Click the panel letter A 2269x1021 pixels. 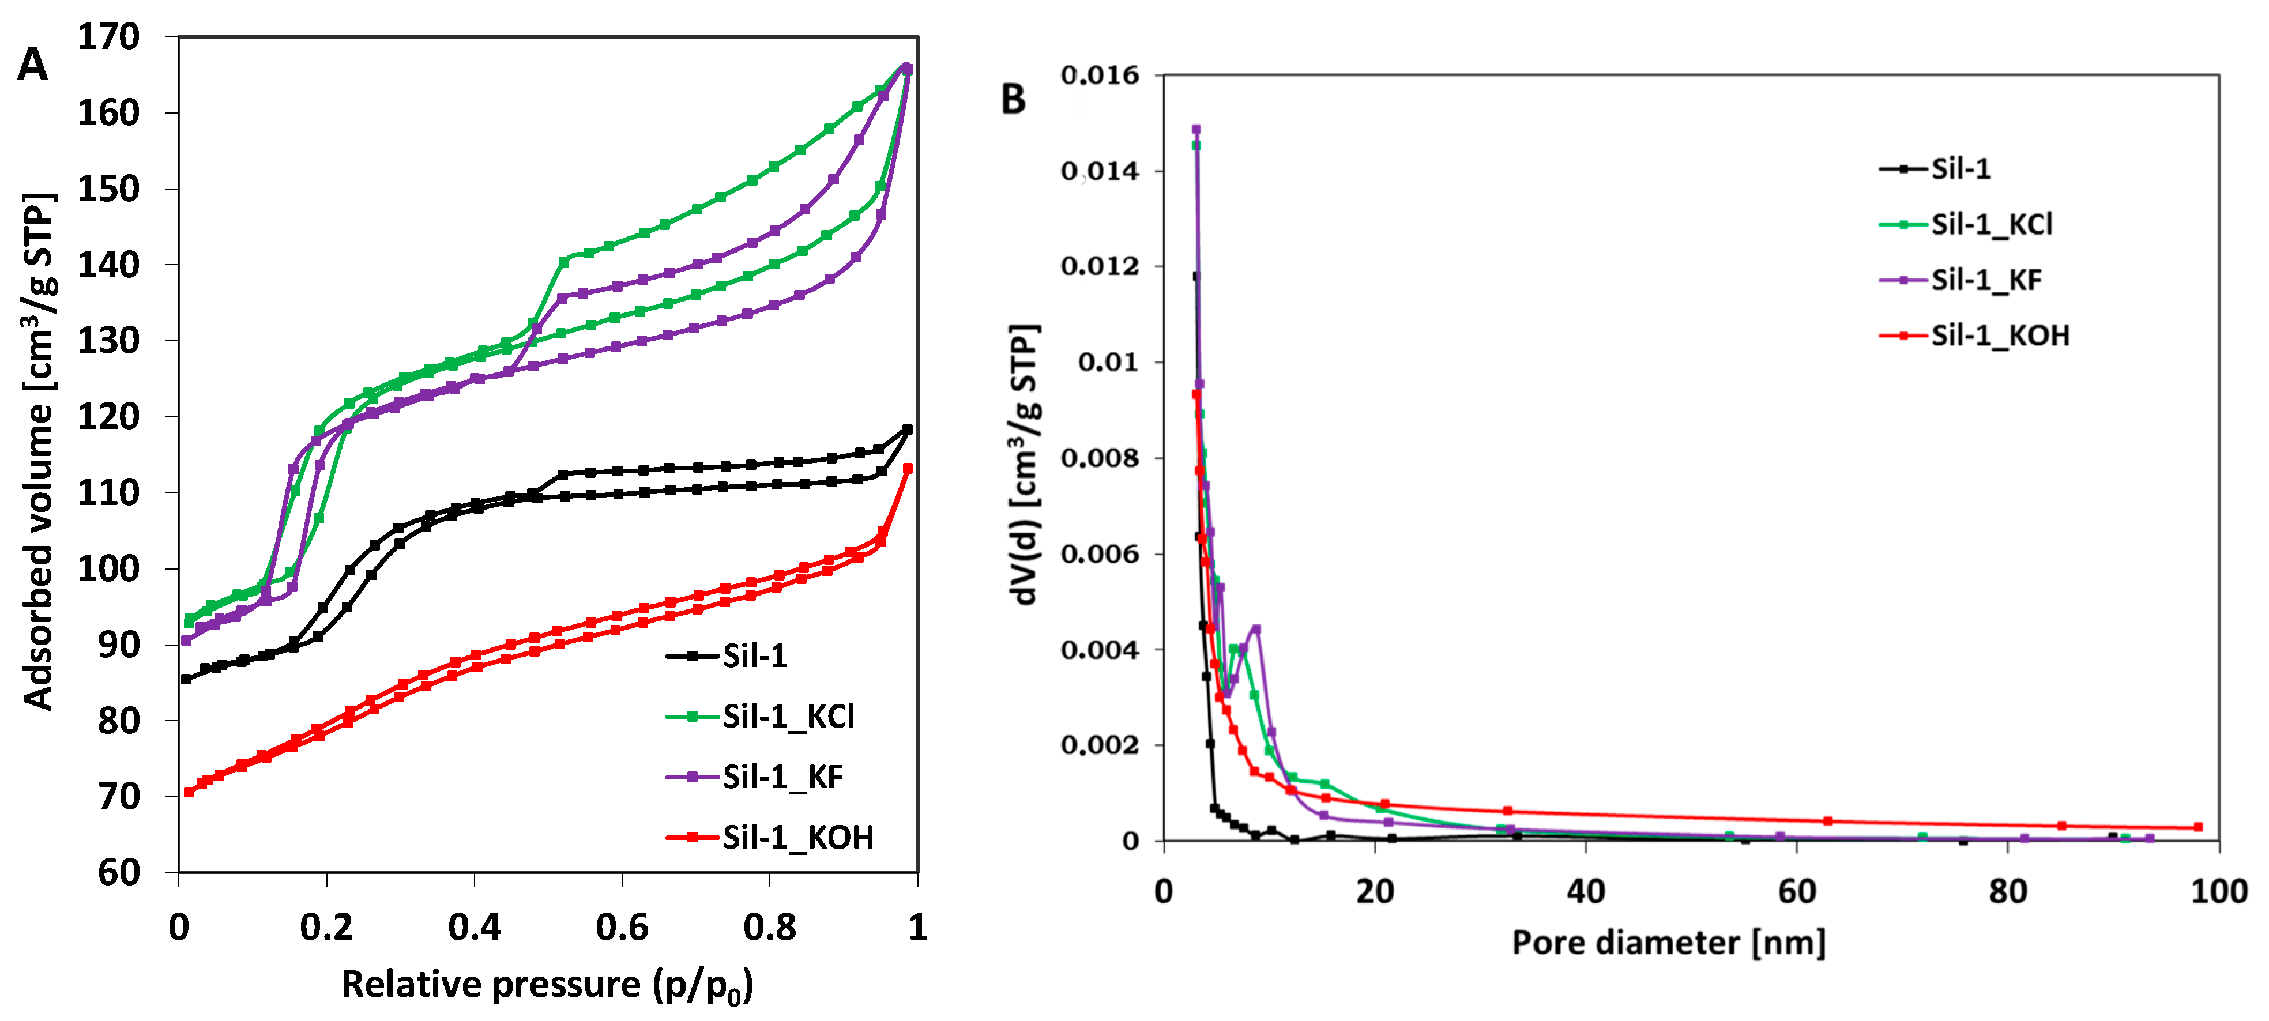click(x=33, y=65)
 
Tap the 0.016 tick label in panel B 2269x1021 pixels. click(x=1099, y=76)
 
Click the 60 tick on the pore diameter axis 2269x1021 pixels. click(x=1796, y=891)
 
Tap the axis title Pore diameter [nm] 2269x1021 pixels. click(x=1668, y=943)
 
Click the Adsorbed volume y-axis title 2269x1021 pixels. click(x=40, y=450)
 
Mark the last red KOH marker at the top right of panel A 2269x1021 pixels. click(x=908, y=469)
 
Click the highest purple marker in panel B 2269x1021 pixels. click(x=1195, y=130)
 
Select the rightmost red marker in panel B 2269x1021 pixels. click(x=2199, y=826)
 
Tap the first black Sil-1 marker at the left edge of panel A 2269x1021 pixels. click(x=186, y=679)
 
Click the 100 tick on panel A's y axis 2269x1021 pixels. click(x=108, y=568)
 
